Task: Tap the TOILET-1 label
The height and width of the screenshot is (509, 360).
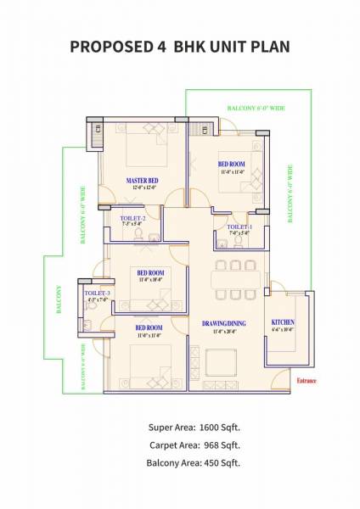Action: point(239,227)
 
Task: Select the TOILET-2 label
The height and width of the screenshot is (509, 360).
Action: point(133,219)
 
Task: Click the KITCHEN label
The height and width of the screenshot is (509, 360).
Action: point(283,323)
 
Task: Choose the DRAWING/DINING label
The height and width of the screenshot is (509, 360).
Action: point(223,323)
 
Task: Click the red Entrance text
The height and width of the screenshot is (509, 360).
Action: point(306,381)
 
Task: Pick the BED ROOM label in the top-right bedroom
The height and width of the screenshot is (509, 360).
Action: point(232,165)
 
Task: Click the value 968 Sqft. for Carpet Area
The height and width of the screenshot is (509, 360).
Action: point(222,444)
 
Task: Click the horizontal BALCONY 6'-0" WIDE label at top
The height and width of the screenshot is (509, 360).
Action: point(255,108)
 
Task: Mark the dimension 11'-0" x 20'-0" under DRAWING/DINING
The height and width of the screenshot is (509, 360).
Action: point(223,331)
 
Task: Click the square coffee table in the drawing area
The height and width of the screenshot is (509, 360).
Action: point(223,365)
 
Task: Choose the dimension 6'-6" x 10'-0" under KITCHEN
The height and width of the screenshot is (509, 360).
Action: point(283,330)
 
